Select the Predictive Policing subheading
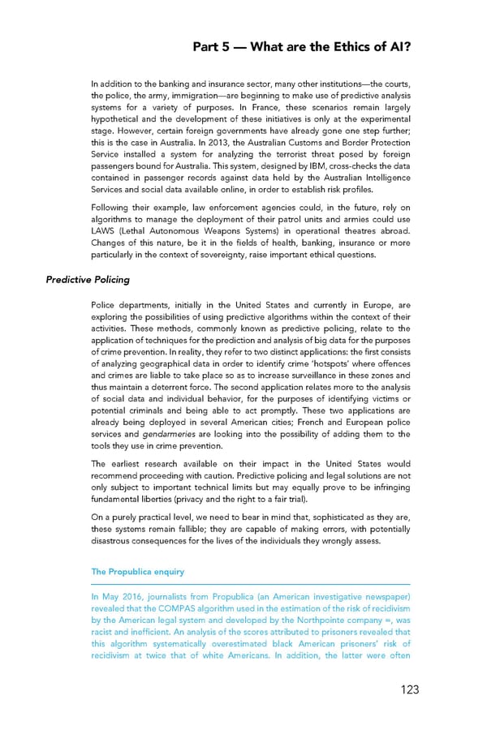point(88,280)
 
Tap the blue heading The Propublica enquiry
point(138,571)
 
